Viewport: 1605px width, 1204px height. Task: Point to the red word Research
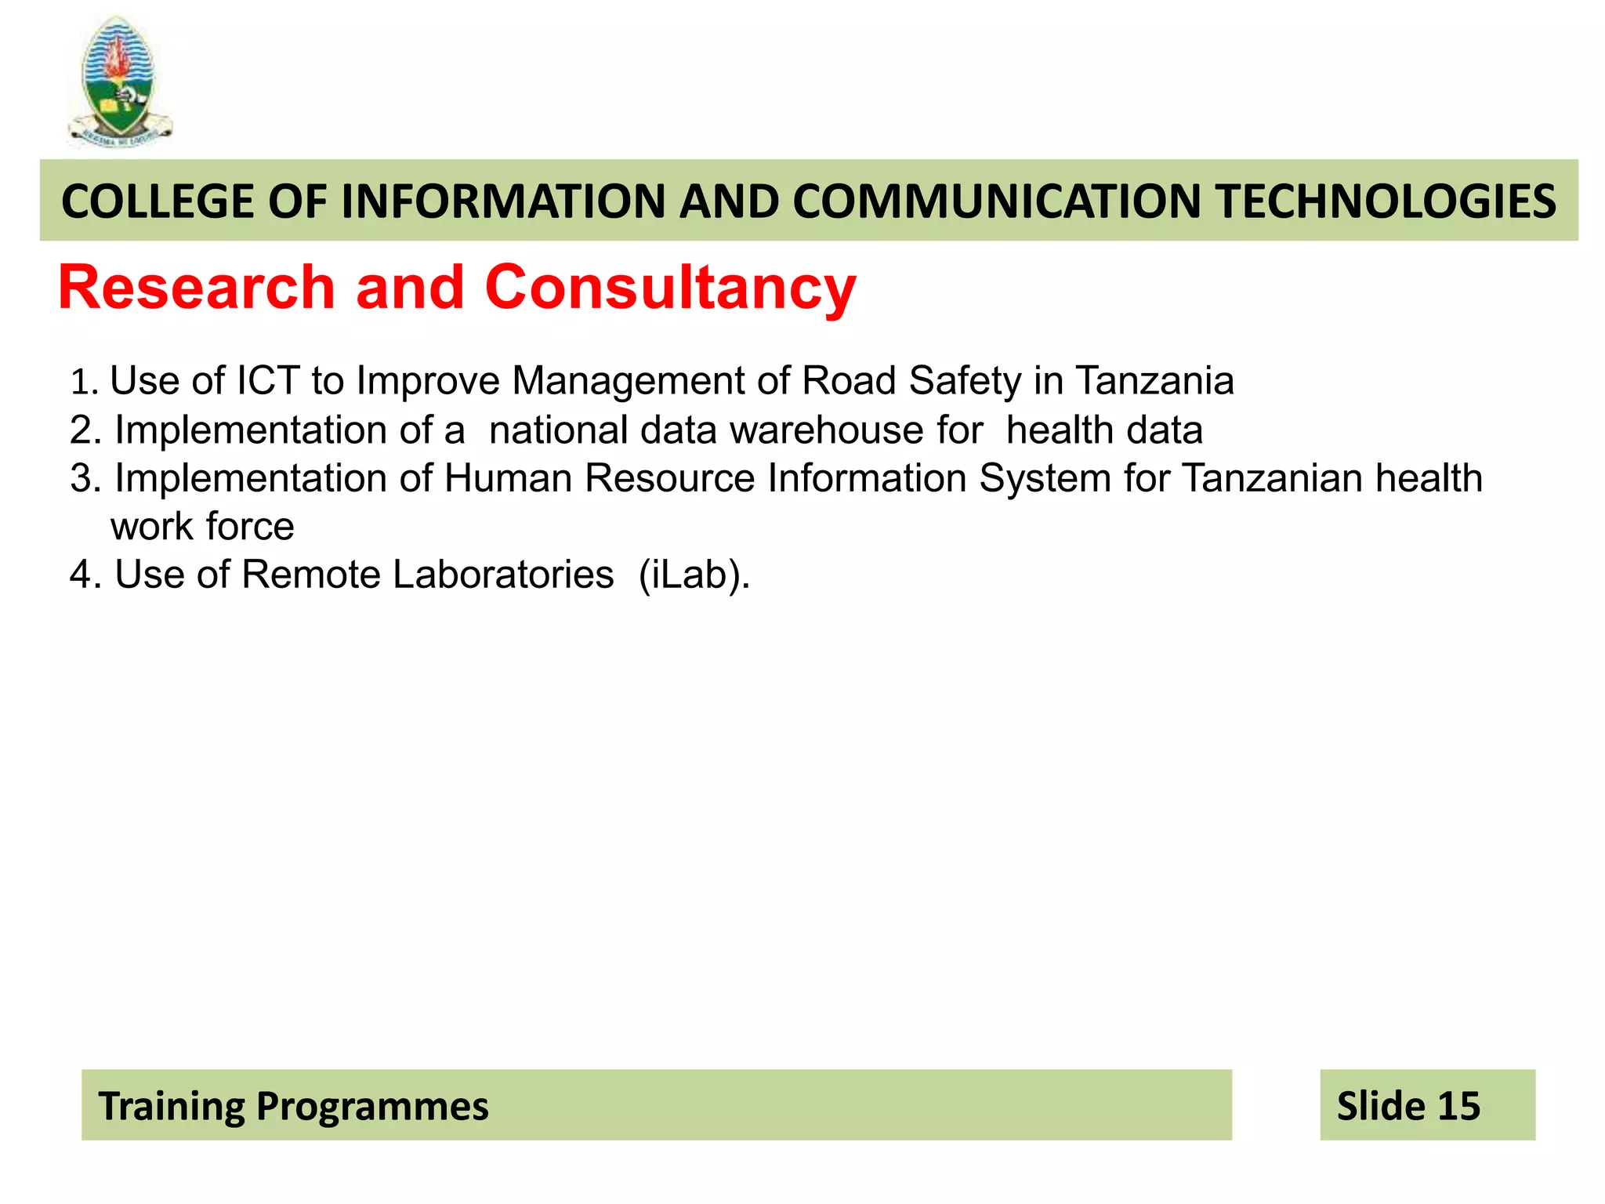(197, 288)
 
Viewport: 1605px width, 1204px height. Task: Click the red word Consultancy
(670, 288)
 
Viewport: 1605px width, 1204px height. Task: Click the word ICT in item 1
(268, 381)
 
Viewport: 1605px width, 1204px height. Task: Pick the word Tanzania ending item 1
(1154, 381)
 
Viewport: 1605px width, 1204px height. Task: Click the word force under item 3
(250, 527)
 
